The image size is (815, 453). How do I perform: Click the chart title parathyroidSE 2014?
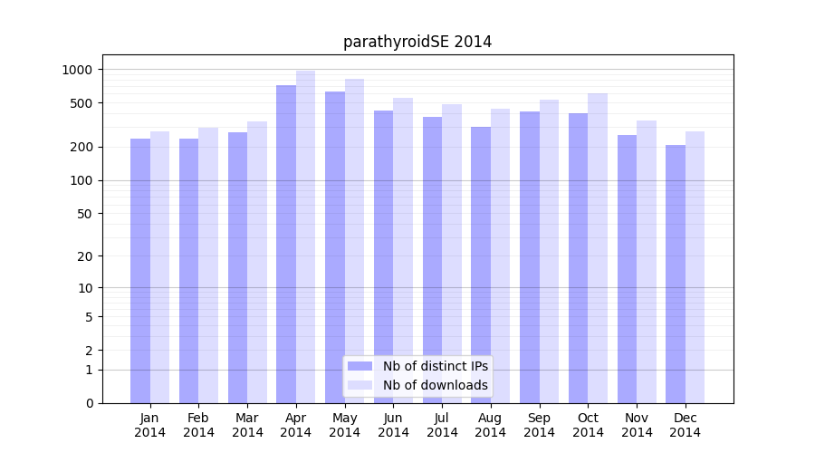pos(417,42)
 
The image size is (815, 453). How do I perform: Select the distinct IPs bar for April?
pos(286,245)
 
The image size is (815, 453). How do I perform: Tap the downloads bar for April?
pos(305,237)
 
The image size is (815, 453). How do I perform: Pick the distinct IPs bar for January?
pos(140,271)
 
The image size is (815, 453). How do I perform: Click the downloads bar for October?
pos(598,248)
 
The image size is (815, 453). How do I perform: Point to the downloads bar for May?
pos(354,241)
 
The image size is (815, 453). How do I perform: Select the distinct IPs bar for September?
pos(530,257)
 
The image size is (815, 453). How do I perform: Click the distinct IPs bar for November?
pos(627,269)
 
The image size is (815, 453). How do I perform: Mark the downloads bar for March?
pos(257,263)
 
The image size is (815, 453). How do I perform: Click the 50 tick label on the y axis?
pos(83,214)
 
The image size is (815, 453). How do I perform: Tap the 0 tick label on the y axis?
pos(89,403)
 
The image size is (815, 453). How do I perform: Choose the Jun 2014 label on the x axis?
pos(393,425)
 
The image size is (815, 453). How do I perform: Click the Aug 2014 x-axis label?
pos(490,425)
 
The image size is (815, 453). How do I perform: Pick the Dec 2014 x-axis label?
pos(685,425)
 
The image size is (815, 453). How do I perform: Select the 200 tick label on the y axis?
pos(81,147)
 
